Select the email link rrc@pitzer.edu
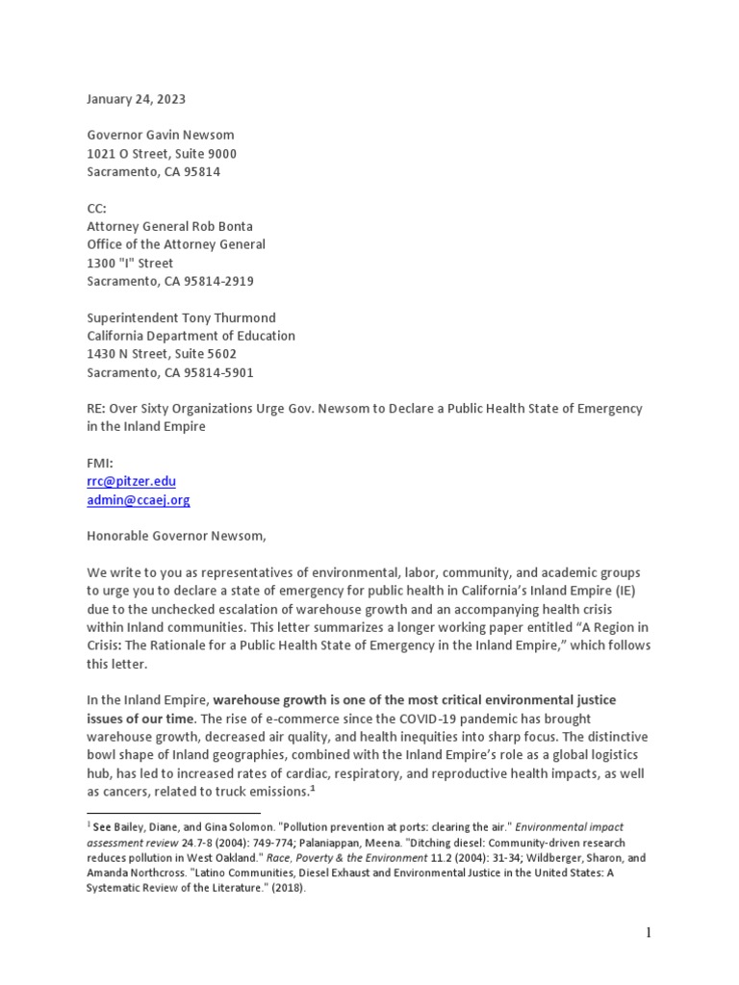click(x=131, y=481)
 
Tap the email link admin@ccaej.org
click(x=139, y=500)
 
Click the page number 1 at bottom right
click(x=650, y=932)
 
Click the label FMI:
click(x=100, y=463)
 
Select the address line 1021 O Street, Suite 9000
click(x=162, y=154)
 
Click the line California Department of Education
click(x=191, y=336)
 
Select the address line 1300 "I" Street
click(x=130, y=263)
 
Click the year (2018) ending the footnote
click(x=286, y=888)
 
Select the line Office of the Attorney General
click(x=176, y=244)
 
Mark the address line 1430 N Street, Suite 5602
click(x=162, y=354)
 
